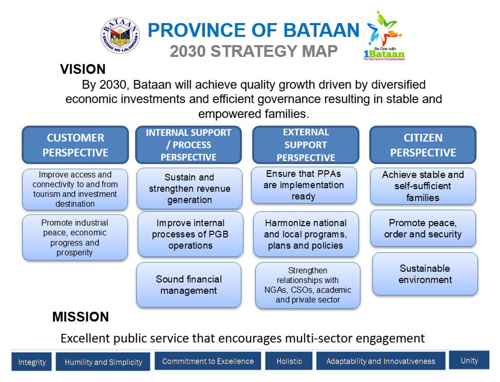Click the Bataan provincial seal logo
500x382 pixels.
[x=120, y=35]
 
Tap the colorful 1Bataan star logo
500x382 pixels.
[x=384, y=36]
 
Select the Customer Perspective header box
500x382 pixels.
[x=75, y=145]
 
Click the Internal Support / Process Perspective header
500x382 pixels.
[x=188, y=145]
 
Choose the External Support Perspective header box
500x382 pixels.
[x=305, y=145]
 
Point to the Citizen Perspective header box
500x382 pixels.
[x=423, y=145]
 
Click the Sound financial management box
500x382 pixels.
[x=189, y=285]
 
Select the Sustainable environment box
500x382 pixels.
[x=425, y=274]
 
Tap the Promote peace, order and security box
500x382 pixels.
[x=423, y=229]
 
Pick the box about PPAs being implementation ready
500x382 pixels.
[x=304, y=185]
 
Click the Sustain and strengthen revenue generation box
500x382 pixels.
[x=189, y=189]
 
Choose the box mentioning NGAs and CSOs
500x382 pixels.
[x=307, y=285]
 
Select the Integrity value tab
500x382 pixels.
[x=31, y=362]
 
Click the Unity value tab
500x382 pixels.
[x=469, y=360]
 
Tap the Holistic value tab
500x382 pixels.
[x=289, y=361]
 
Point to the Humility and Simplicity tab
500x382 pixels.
[x=103, y=362]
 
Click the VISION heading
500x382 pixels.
[x=83, y=69]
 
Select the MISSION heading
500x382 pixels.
[x=81, y=317]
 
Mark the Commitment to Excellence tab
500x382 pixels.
[x=208, y=361]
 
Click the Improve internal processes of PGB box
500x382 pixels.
[x=190, y=234]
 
